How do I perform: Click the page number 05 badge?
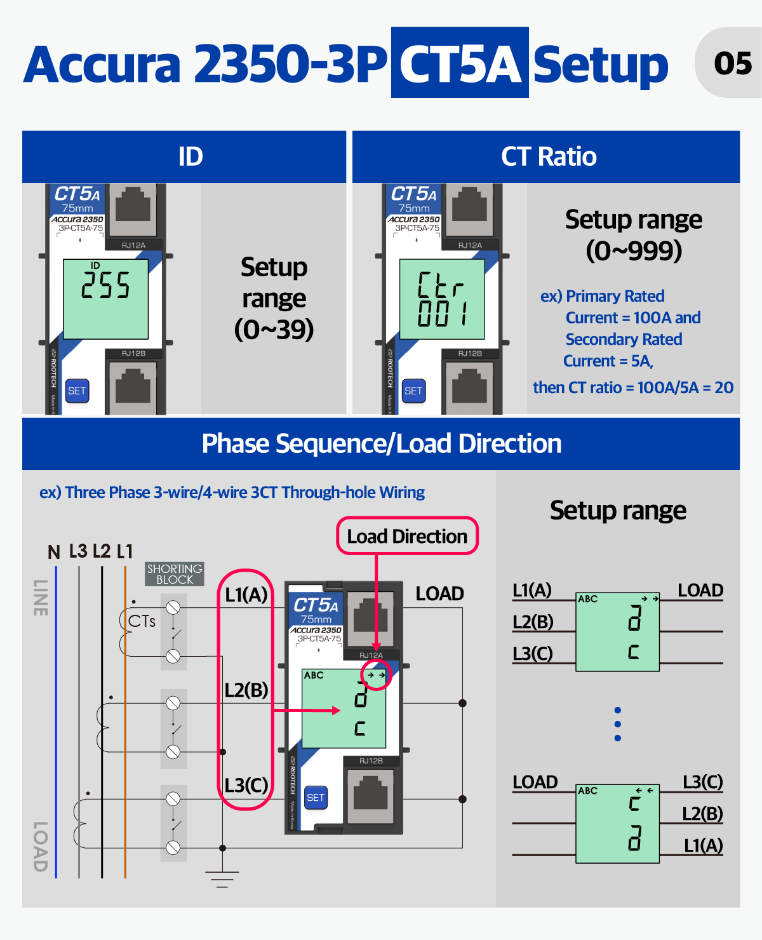(732, 63)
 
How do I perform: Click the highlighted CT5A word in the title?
(460, 63)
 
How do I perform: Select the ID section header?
(190, 156)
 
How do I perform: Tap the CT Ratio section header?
(549, 156)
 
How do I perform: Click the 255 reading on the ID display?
(105, 285)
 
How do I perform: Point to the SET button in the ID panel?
(77, 391)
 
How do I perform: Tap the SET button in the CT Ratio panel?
(413, 391)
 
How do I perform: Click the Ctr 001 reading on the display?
(442, 299)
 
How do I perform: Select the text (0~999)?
(633, 251)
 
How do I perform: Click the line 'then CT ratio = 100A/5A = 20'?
(633, 387)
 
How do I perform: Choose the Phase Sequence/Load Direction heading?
(381, 443)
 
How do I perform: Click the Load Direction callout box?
(407, 536)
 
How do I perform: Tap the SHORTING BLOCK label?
(175, 574)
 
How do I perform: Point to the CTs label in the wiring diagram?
(142, 621)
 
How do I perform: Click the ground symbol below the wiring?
(222, 878)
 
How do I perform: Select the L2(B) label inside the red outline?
(246, 690)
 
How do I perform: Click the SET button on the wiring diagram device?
(316, 797)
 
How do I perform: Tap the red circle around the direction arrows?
(376, 675)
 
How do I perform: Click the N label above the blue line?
(54, 552)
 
